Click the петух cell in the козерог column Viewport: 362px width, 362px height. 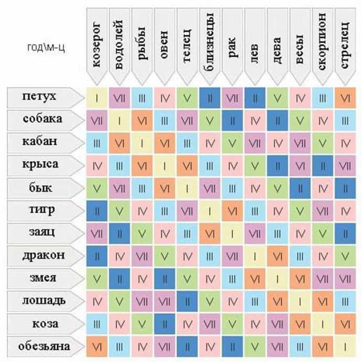pyautogui.click(x=97, y=98)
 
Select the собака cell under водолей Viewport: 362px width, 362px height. pyautogui.click(x=120, y=120)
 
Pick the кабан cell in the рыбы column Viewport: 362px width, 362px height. pyautogui.click(x=142, y=143)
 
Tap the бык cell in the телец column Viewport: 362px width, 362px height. pyautogui.click(x=187, y=188)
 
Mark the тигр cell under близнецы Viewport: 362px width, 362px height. pyautogui.click(x=210, y=211)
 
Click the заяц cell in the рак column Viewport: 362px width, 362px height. pyautogui.click(x=233, y=233)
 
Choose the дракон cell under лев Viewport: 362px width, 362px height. pyautogui.click(x=255, y=256)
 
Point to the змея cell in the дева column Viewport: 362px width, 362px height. pyautogui.click(x=278, y=278)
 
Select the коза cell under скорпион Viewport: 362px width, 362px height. pyautogui.click(x=323, y=323)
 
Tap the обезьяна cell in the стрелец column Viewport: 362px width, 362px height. pyautogui.click(x=345, y=346)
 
